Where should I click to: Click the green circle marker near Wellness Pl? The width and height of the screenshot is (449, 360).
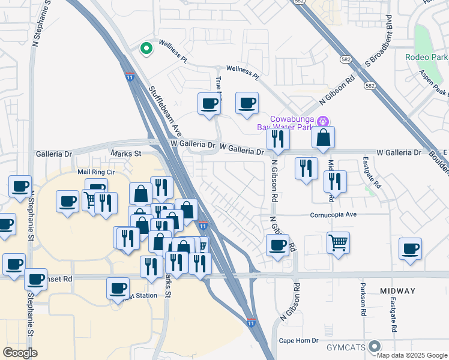click(x=145, y=49)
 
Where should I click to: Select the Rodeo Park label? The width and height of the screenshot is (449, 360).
click(x=427, y=58)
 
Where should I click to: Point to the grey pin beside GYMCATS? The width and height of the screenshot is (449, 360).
click(x=375, y=346)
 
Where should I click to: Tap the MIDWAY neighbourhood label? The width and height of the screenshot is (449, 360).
click(x=397, y=291)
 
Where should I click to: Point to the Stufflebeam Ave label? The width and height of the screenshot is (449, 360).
click(x=165, y=112)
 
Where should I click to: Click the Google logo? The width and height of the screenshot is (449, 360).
click(x=20, y=352)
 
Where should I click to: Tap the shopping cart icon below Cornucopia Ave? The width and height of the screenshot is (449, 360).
click(x=339, y=242)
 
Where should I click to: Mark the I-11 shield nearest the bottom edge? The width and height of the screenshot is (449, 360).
click(x=251, y=323)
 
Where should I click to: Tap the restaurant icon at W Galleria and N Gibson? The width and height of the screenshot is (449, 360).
click(x=278, y=139)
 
